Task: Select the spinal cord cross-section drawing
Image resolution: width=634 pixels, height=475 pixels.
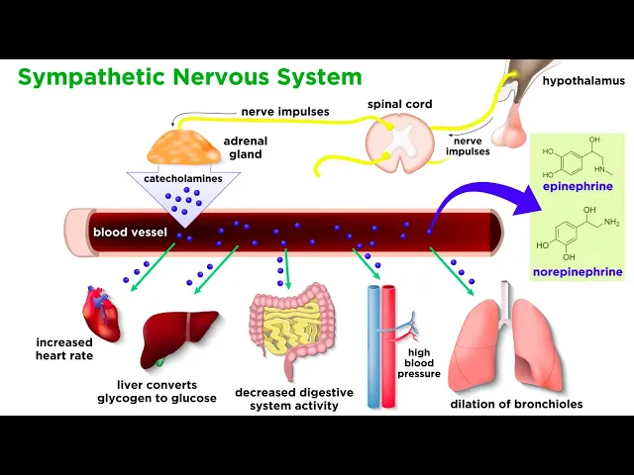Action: point(399,141)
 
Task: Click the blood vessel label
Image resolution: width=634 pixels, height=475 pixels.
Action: point(130,233)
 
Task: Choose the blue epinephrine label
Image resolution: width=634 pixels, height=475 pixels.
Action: point(579,185)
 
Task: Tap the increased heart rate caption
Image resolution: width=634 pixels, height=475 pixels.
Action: point(63,348)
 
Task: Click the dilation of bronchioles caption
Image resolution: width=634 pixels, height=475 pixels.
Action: point(516,404)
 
